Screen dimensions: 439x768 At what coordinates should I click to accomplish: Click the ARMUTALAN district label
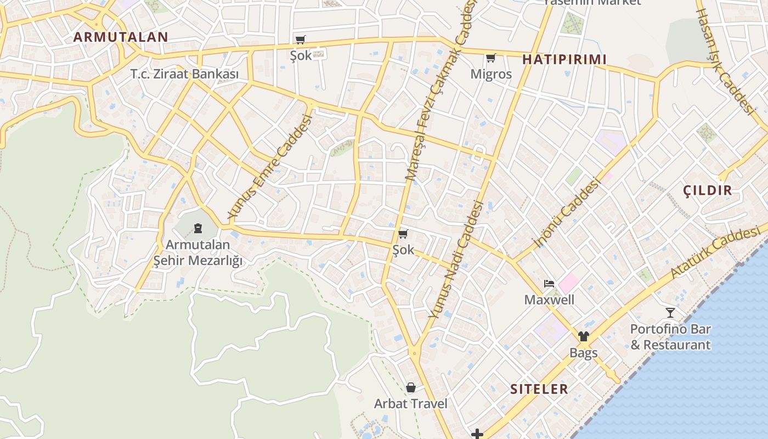pyautogui.click(x=121, y=37)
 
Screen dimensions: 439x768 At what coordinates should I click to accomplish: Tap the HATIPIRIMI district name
pyautogui.click(x=564, y=59)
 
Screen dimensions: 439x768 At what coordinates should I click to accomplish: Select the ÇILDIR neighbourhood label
pyautogui.click(x=708, y=190)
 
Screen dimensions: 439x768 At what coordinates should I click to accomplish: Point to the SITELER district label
pyautogui.click(x=539, y=389)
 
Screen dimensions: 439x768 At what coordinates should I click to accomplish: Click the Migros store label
pyautogui.click(x=491, y=74)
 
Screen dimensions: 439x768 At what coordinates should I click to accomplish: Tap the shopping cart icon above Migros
pyautogui.click(x=491, y=58)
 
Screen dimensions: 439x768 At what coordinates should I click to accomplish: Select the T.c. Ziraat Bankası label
pyautogui.click(x=185, y=74)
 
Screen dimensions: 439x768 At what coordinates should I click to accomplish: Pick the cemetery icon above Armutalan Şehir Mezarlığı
pyautogui.click(x=198, y=228)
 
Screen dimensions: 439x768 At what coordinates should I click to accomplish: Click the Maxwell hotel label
pyautogui.click(x=549, y=300)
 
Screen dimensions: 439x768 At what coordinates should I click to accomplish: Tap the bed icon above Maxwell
pyautogui.click(x=549, y=284)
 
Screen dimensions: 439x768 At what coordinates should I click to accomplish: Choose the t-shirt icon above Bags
pyautogui.click(x=583, y=336)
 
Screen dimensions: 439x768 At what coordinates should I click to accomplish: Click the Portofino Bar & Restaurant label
pyautogui.click(x=670, y=337)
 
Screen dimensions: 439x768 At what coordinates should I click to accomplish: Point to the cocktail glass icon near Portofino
pyautogui.click(x=670, y=313)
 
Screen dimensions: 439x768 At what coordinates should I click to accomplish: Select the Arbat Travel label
pyautogui.click(x=411, y=404)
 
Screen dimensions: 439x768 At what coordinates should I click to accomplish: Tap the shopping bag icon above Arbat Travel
pyautogui.click(x=411, y=388)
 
